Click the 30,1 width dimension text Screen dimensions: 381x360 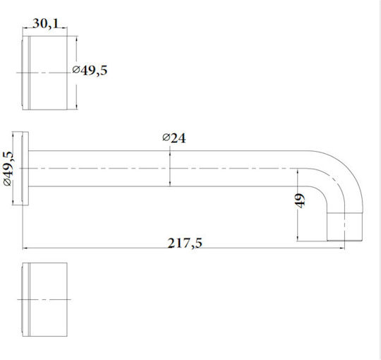(x=46, y=24)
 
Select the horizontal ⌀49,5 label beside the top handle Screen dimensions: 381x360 (x=90, y=71)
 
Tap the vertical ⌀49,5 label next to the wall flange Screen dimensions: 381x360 (x=8, y=169)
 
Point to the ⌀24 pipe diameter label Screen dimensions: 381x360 (x=174, y=138)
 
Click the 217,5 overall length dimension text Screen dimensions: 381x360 (x=185, y=243)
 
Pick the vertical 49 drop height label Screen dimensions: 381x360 (x=301, y=200)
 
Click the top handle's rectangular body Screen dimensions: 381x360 (x=44, y=73)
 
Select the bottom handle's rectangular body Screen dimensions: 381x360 (x=44, y=299)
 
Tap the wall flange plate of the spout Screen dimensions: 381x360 (x=25, y=169)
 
